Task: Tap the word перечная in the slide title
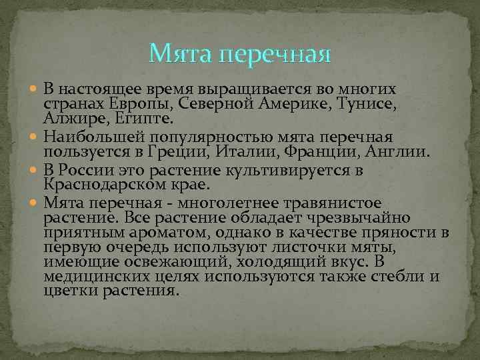tap(274, 54)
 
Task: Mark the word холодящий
tap(277, 263)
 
